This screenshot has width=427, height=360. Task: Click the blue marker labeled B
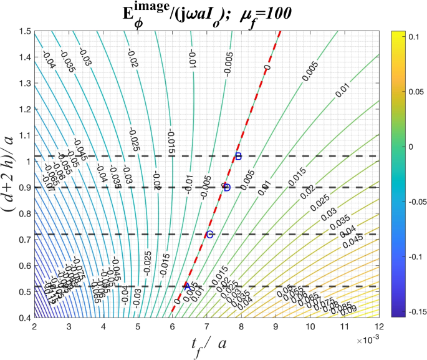[x=237, y=156]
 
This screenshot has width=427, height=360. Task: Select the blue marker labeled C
[x=209, y=234]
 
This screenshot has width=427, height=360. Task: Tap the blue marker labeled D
[x=226, y=187]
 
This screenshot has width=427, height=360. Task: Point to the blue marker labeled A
[x=186, y=286]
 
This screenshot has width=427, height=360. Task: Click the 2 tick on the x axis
[x=34, y=326]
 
